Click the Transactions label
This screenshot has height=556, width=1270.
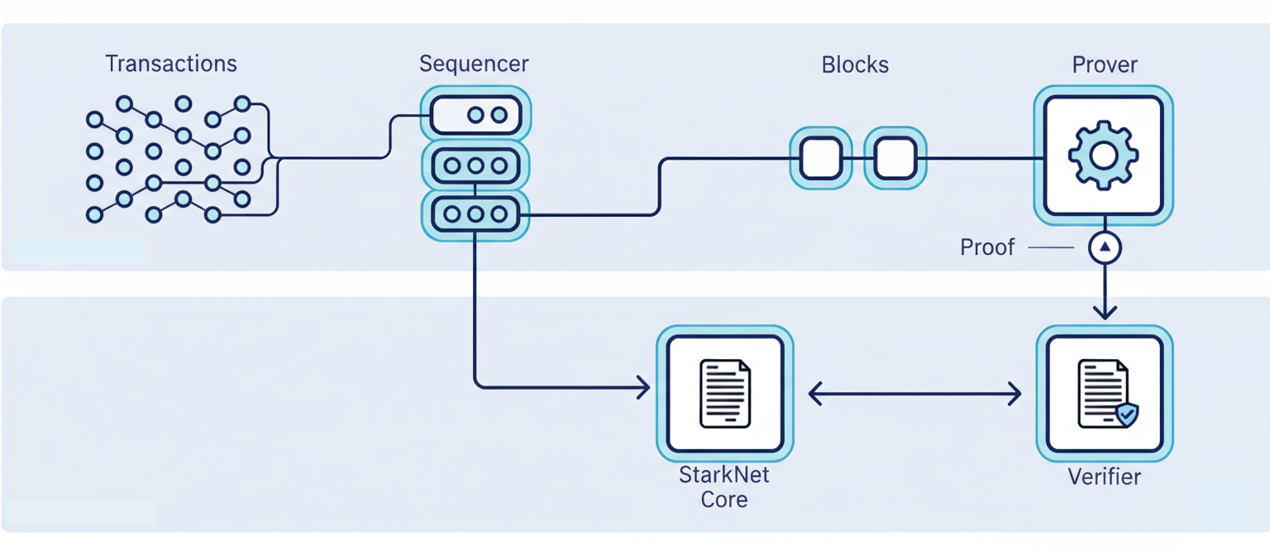coord(171,64)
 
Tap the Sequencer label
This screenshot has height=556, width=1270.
coord(474,64)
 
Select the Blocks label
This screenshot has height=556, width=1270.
coord(855,65)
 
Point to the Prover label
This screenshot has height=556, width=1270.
coord(1105,65)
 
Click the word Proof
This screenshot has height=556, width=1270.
coord(987,247)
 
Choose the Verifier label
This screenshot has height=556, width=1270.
coord(1105,477)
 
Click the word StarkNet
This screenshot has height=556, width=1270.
coord(724,476)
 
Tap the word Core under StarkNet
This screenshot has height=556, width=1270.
coord(724,500)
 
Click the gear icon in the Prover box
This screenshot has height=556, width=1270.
coord(1104,155)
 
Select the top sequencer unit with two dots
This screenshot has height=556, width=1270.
coord(475,115)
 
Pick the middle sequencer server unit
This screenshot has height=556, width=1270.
coord(475,165)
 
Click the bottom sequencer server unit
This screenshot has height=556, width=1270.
coord(475,214)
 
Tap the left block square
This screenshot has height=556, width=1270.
coord(821,158)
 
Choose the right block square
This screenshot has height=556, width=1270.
coord(895,158)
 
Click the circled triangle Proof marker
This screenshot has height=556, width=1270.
coord(1105,247)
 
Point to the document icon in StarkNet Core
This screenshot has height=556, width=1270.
coord(725,393)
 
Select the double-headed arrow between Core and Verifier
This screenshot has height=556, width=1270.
coord(914,394)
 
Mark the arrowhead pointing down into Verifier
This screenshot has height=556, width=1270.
coord(1105,313)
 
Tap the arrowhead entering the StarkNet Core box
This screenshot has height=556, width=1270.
coord(642,386)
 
